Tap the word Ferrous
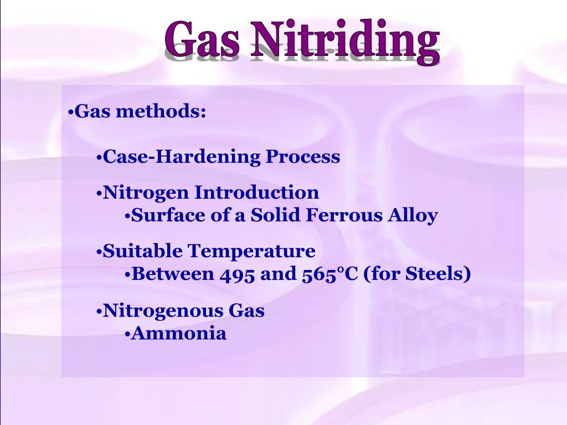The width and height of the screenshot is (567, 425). [x=339, y=215]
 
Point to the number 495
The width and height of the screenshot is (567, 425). [x=237, y=274]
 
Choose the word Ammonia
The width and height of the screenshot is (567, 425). [x=179, y=334]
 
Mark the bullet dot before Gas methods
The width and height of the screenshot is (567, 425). [x=71, y=113]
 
